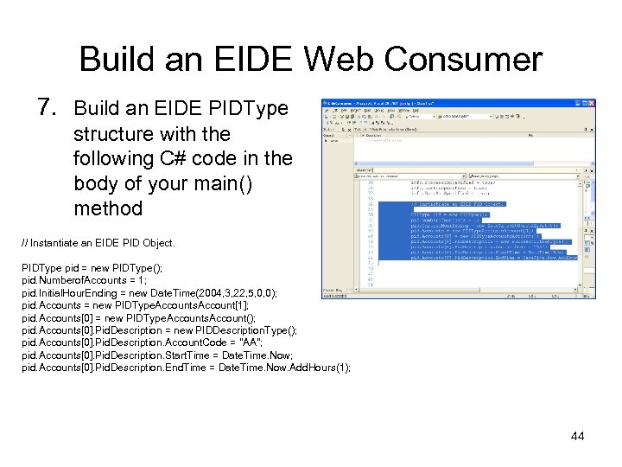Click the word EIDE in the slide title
click(x=258, y=60)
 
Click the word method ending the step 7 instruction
click(x=107, y=208)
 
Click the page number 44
click(x=577, y=436)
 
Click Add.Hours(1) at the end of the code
click(x=319, y=368)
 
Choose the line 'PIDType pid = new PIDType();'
click(x=92, y=268)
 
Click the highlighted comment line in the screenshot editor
click(x=458, y=204)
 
